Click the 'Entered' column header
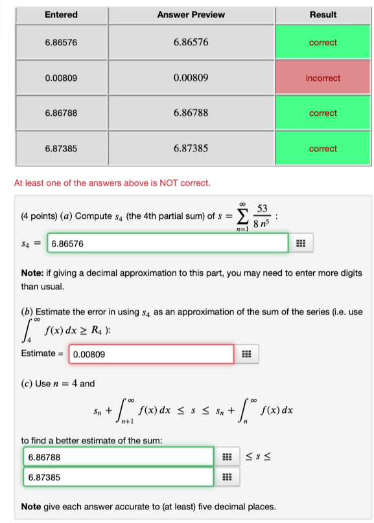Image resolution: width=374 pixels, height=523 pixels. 62,14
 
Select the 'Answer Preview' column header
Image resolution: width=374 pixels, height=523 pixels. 191,14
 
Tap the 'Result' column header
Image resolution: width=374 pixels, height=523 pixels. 323,14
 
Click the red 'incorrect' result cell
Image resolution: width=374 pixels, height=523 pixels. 323,78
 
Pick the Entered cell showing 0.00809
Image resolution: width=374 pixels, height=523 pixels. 62,78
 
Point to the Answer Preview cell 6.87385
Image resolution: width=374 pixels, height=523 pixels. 191,149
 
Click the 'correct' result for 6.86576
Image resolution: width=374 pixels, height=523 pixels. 323,43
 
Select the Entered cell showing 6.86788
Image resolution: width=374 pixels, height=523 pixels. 62,113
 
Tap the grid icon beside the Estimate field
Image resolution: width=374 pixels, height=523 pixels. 246,355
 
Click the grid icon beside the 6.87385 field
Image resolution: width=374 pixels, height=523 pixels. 225,478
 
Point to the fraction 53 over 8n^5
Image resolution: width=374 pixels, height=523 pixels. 261,214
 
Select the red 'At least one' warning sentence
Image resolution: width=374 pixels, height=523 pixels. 112,183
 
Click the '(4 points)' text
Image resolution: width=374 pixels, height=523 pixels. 38,215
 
